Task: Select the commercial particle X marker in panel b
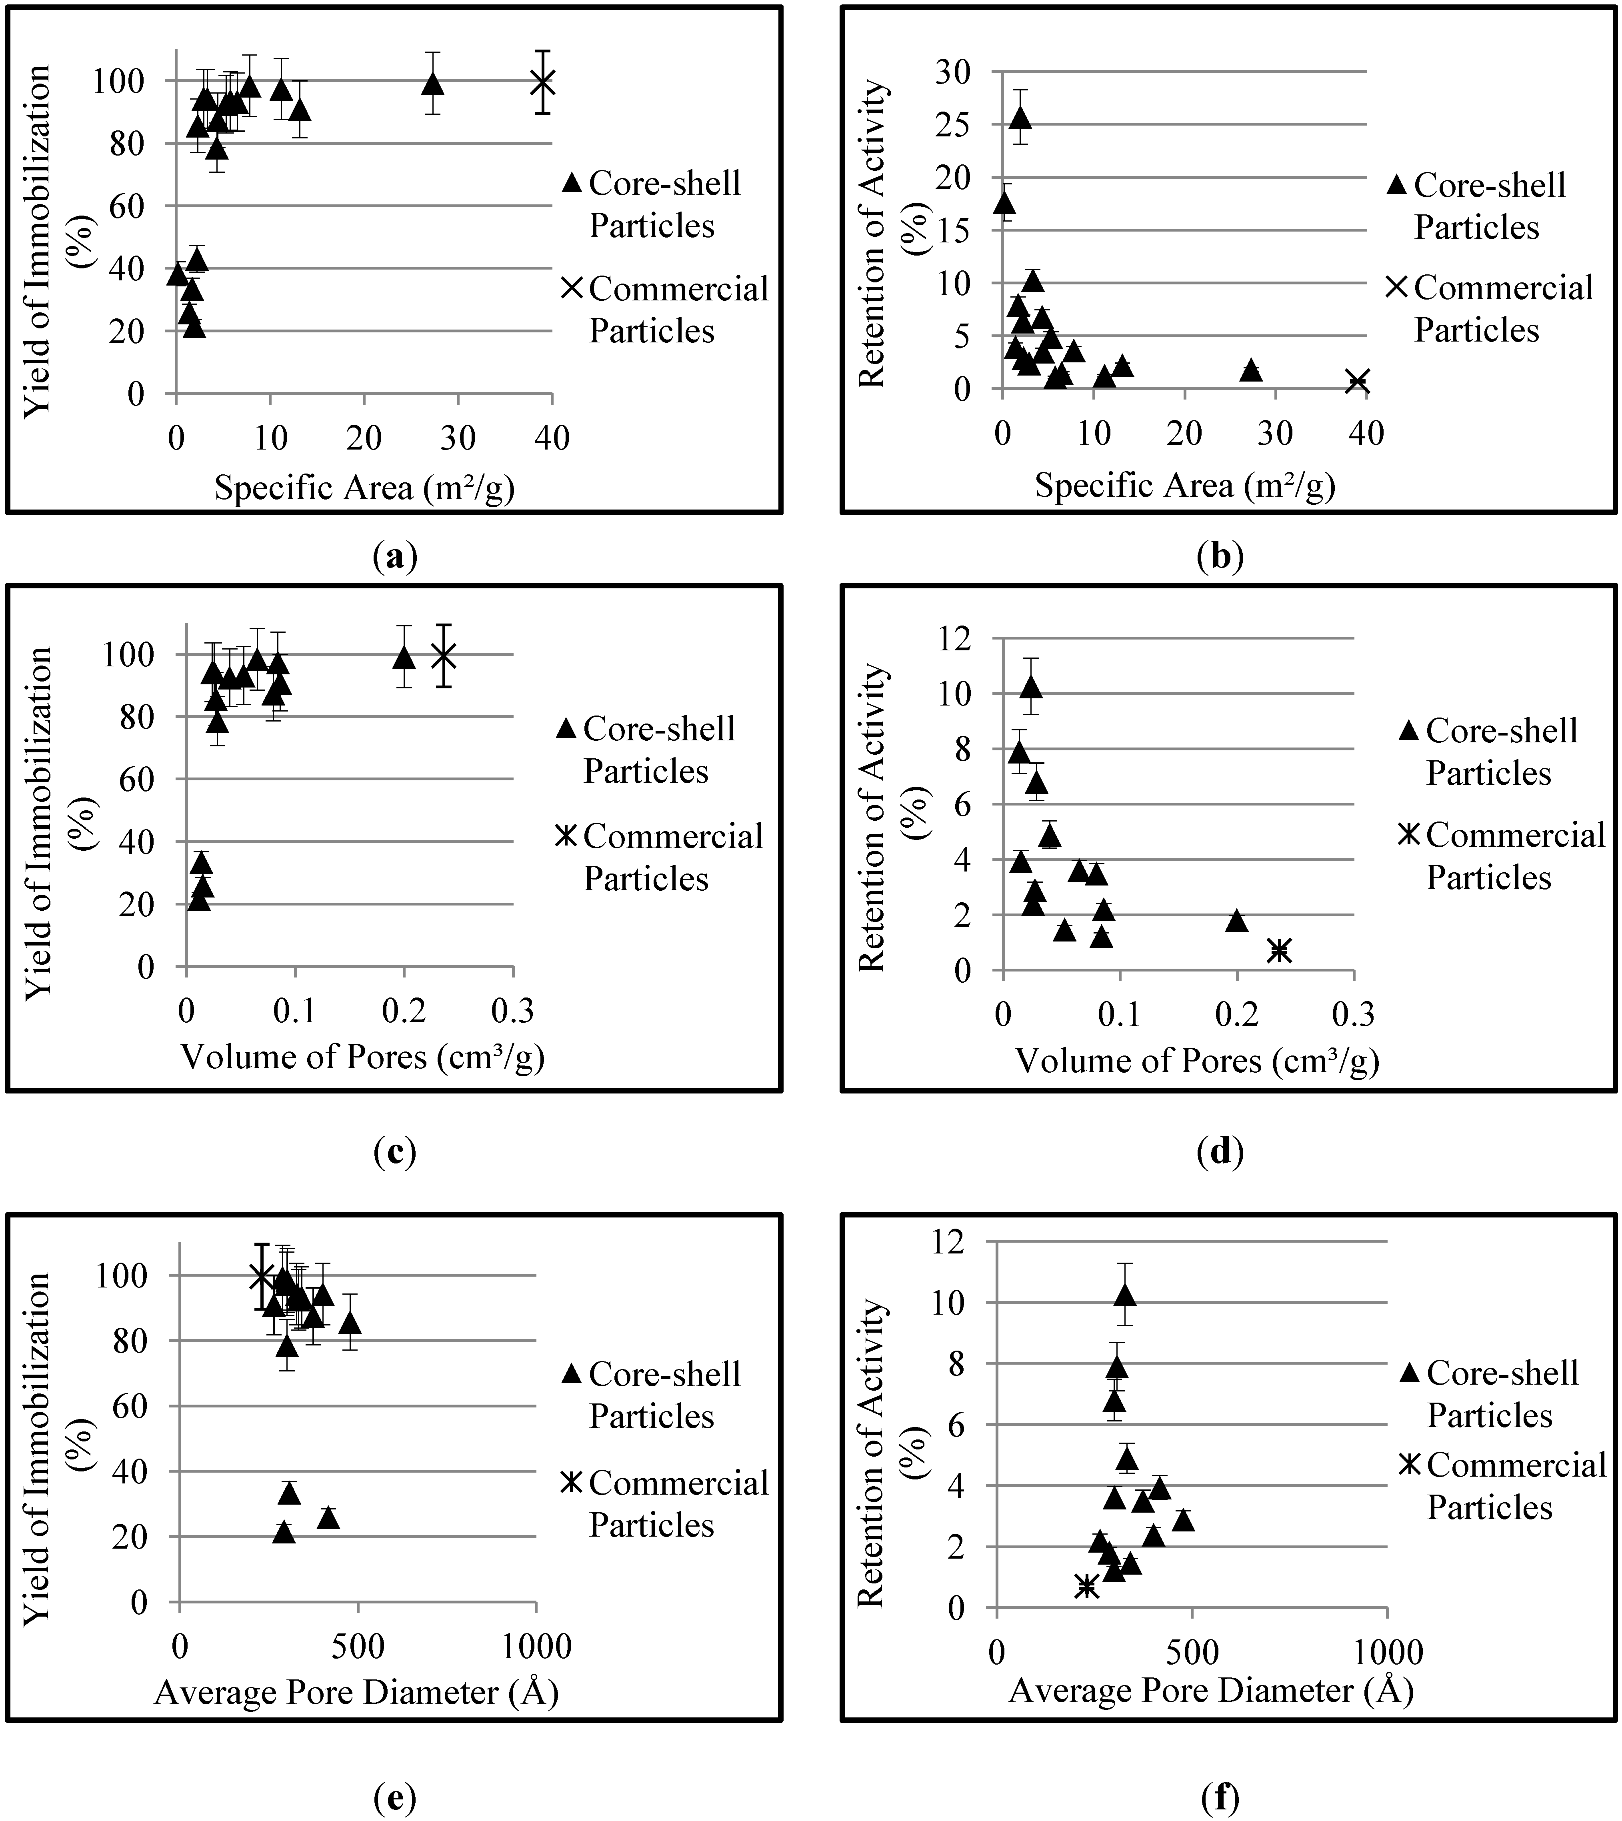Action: [x=1357, y=381]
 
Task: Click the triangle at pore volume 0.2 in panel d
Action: [x=1236, y=920]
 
